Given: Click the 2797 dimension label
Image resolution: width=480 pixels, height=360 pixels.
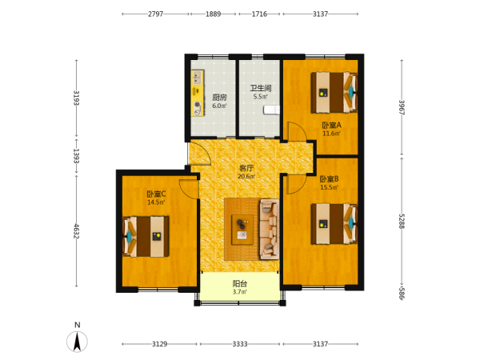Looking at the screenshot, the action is coord(155,14).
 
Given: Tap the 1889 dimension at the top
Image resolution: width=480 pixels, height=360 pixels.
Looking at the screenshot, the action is coord(213,14).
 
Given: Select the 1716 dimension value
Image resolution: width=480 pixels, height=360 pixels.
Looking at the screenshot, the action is coord(259,14).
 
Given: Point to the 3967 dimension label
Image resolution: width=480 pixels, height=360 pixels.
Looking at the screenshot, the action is coord(402,107).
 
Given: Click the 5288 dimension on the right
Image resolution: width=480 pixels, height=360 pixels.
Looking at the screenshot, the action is coord(402,221).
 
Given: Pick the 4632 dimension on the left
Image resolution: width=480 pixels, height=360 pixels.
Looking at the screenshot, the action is coord(77,231).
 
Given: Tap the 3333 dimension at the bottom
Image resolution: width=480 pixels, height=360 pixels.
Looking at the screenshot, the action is coord(240,344).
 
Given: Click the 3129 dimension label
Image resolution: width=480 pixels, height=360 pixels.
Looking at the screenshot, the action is coord(159,344).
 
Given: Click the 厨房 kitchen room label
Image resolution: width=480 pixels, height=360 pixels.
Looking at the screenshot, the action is coord(219,98).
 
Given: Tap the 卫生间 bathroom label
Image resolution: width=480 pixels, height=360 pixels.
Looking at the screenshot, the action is coord(261,89).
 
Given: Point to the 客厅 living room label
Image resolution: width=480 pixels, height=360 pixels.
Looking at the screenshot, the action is coord(246,168).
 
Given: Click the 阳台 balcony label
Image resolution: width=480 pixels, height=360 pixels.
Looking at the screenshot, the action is coord(240,284).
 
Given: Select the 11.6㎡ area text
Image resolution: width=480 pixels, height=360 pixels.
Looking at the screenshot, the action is coord(331,134).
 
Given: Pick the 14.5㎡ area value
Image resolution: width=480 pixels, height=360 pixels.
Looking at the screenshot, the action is coord(156,202).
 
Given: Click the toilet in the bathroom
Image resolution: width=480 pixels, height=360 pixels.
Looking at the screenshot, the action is coord(271,110).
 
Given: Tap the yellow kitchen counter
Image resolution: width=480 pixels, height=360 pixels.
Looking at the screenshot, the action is coord(198,93).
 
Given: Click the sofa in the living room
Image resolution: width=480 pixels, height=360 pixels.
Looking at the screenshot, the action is coord(270,229).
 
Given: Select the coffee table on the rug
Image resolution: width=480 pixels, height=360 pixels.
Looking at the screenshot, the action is coord(242,230).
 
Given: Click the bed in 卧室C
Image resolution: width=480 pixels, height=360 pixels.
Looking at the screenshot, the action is coord(146,236).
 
